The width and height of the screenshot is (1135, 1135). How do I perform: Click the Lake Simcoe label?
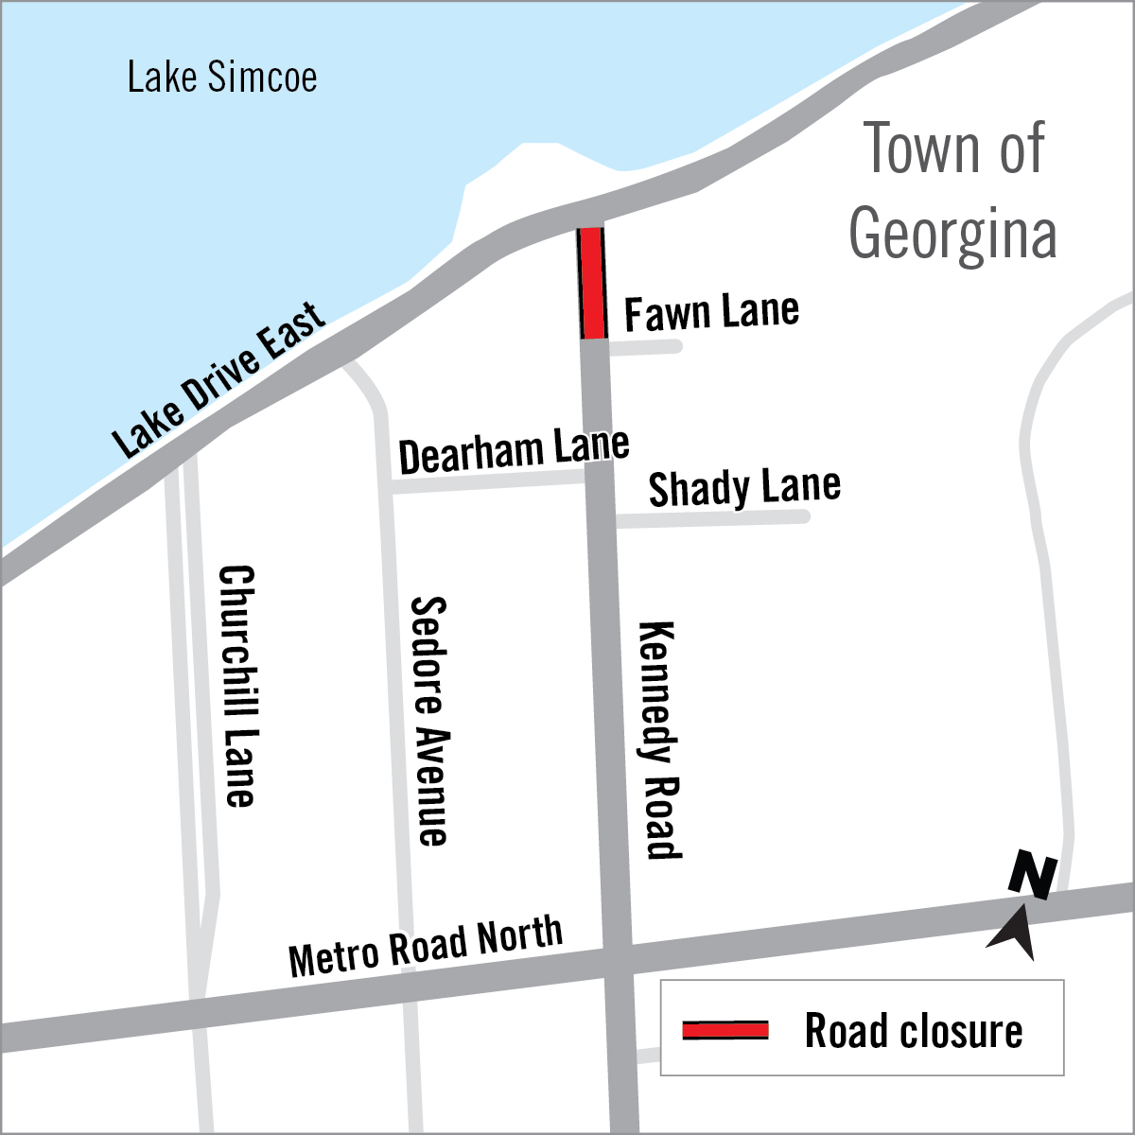tap(222, 78)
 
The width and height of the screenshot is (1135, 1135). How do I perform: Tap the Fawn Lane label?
tap(711, 312)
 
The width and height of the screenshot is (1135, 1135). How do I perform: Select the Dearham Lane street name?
tap(514, 451)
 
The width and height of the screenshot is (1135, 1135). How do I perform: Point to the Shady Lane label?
tap(744, 487)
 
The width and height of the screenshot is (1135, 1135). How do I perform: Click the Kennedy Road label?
tap(659, 740)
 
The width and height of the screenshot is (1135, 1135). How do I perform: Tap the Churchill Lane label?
tap(237, 686)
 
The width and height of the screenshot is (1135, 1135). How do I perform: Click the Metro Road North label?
tap(426, 947)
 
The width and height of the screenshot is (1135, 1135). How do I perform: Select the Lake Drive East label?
tap(220, 379)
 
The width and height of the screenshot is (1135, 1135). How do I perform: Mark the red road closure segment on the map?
tap(591, 282)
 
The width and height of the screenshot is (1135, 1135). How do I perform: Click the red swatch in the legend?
tap(725, 1030)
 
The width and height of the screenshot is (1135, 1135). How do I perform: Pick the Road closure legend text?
tap(914, 1030)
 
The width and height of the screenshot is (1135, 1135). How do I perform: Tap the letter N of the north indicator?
tap(1032, 875)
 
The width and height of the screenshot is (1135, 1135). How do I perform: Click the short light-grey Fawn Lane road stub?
tap(644, 347)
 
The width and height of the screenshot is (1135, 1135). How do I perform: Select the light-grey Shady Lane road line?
tap(712, 517)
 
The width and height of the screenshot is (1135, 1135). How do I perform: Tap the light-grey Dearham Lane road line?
tap(487, 484)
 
